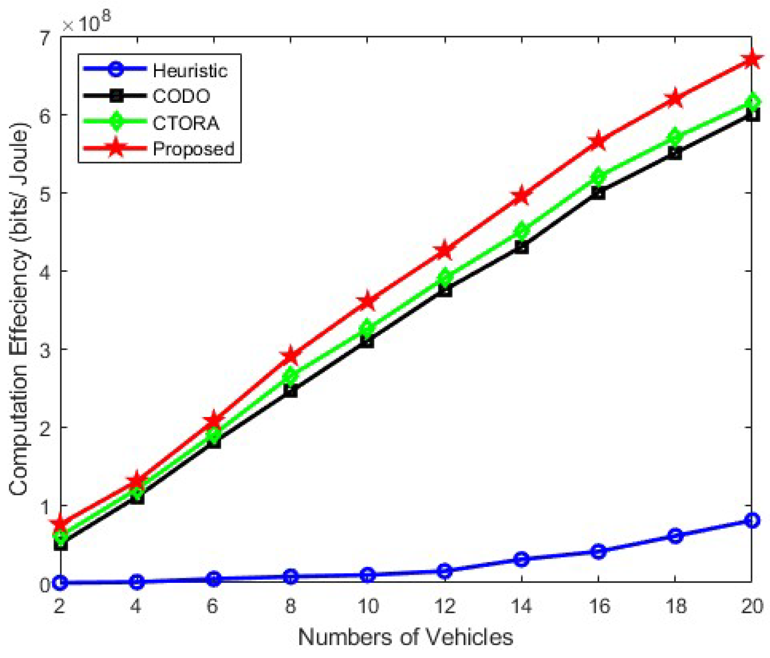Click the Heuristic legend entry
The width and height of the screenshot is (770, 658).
tap(190, 71)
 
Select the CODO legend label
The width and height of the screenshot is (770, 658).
tap(181, 96)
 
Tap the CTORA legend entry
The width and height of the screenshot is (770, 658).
tap(186, 123)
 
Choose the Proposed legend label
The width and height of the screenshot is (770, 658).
tap(194, 149)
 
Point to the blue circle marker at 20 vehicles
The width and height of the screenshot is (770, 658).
tap(752, 520)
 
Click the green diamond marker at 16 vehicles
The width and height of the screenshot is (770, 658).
tap(598, 176)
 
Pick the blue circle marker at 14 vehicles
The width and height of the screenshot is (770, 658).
tap(521, 559)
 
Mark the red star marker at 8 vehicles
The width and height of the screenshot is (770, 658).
tap(290, 356)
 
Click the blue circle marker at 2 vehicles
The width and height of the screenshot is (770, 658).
tap(60, 582)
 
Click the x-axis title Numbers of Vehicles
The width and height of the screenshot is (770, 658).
tap(405, 637)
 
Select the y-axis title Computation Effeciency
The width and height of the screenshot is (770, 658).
tap(20, 309)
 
